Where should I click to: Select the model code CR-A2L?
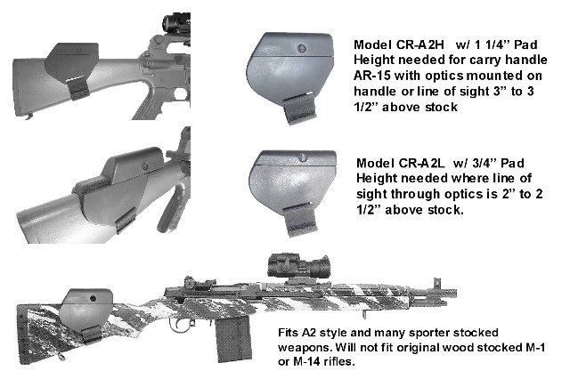421,163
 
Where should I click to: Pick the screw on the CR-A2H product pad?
302,48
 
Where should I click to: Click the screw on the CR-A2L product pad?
303,157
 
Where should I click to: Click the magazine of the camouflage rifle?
232,337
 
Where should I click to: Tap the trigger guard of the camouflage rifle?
180,324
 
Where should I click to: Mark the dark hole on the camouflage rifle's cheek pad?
93,299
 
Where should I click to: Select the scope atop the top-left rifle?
176,24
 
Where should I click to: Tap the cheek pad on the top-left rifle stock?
71,63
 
